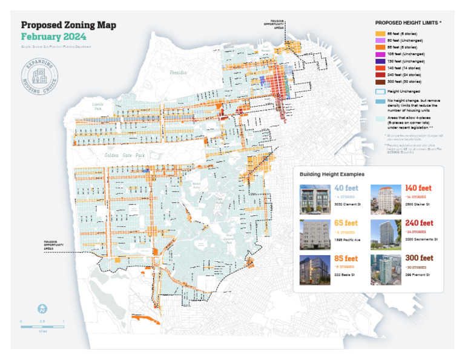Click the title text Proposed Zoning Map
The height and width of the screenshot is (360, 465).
tap(68, 25)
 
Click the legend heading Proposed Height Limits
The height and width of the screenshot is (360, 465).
tap(408, 22)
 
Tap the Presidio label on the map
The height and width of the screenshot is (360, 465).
tap(178, 72)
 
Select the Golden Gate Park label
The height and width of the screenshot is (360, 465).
tap(125, 156)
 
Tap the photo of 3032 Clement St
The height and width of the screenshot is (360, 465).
tap(315, 199)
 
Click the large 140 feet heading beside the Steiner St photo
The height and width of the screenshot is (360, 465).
tap(418, 188)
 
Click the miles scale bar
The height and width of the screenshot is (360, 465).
tap(42, 326)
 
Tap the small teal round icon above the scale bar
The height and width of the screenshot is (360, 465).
tap(42, 308)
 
